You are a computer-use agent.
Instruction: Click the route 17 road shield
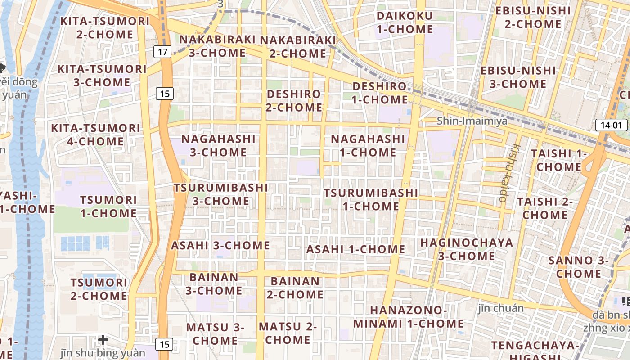162,52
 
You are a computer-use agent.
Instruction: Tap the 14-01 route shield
611,125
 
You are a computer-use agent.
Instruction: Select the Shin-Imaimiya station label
472,121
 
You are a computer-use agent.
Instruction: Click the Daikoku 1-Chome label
405,22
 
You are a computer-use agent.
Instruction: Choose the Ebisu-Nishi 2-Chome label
533,17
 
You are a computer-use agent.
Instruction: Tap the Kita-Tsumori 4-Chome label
95,135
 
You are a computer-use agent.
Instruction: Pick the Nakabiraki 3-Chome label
217,46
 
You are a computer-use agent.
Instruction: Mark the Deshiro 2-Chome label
294,101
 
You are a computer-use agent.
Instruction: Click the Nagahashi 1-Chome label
368,145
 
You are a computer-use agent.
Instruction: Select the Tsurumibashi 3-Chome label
221,194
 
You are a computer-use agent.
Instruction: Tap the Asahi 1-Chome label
355,249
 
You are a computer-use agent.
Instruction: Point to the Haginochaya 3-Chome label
467,249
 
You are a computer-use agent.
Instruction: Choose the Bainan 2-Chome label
295,288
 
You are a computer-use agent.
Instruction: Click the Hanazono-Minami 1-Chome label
408,317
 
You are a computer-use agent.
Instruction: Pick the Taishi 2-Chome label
545,208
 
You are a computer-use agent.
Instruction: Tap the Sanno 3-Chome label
579,267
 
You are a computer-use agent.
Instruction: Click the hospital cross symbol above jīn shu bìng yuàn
103,339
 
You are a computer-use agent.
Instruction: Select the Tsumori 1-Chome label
108,206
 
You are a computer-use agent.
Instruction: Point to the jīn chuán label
501,308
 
